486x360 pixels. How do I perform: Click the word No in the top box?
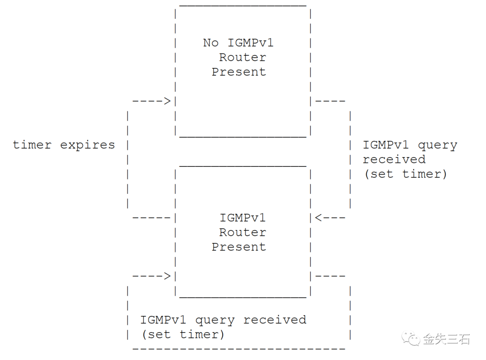(211, 43)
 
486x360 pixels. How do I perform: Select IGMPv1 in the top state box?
(251, 43)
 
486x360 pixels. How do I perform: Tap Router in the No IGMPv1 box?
(243, 57)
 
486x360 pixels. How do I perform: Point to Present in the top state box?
(239, 72)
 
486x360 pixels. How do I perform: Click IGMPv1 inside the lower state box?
(243, 218)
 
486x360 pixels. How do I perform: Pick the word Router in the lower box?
(243, 232)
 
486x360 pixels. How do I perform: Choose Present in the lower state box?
(239, 247)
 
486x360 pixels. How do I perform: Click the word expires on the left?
(87, 145)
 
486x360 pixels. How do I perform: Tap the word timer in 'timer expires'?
(32, 145)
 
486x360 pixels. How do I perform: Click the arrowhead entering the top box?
(167, 101)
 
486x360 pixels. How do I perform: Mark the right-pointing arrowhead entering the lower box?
(167, 276)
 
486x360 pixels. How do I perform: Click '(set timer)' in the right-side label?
(405, 174)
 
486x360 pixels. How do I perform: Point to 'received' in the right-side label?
(394, 159)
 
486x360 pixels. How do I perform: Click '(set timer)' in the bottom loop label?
(183, 334)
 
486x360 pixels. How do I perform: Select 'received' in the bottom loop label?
(275, 320)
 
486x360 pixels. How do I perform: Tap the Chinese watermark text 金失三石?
(446, 339)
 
